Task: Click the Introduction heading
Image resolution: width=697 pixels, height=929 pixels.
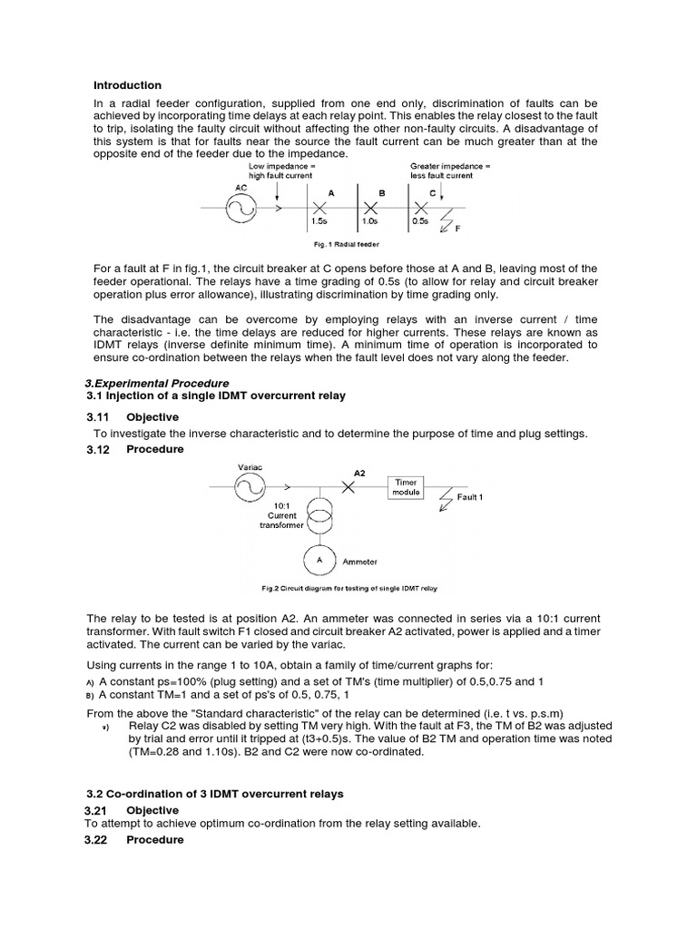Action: (128, 85)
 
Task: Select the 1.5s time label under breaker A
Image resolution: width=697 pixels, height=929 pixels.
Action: (319, 220)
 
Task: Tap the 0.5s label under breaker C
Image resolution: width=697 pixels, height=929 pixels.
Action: (420, 220)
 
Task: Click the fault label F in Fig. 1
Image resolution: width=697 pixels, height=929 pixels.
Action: (457, 229)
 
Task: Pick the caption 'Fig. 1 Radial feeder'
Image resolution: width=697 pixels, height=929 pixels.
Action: (347, 245)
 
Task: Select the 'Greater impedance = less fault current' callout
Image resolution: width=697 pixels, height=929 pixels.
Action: (450, 171)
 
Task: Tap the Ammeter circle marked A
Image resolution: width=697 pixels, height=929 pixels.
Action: (319, 561)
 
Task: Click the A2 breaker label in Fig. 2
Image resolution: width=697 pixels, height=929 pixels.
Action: (359, 473)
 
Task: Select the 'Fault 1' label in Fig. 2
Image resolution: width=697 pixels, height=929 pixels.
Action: (469, 497)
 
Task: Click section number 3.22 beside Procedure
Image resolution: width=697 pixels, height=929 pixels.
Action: (97, 839)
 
